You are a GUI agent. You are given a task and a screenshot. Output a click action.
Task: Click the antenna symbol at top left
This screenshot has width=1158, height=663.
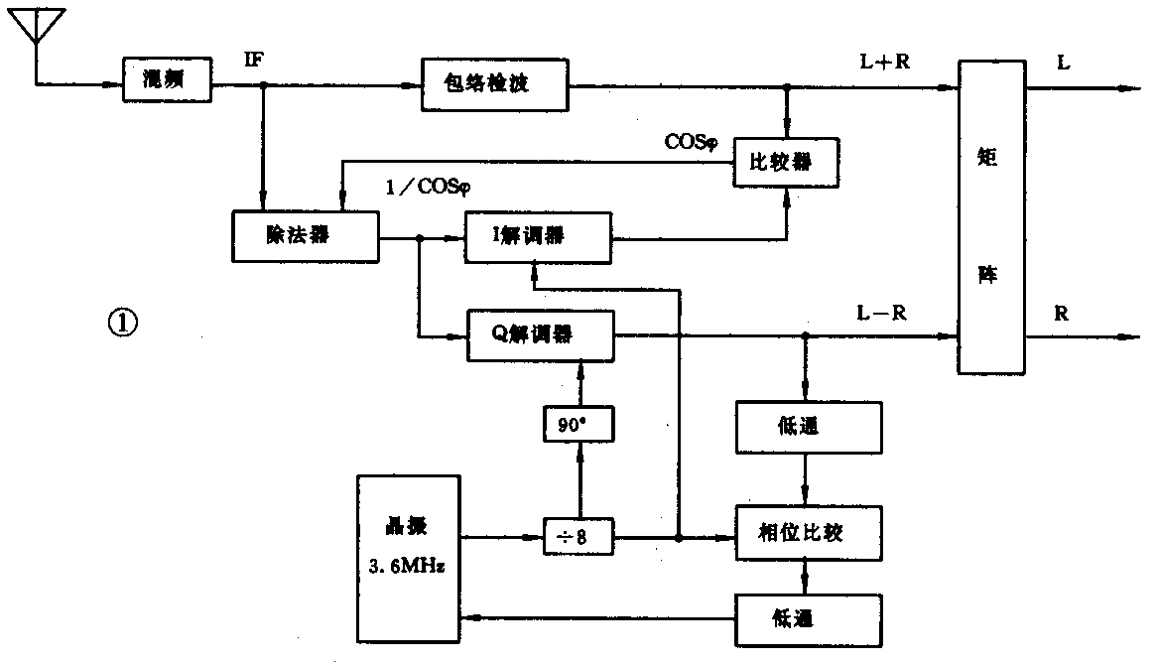pyautogui.click(x=36, y=28)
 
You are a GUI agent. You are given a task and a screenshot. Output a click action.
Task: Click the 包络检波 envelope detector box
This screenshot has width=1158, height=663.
pyautogui.click(x=494, y=84)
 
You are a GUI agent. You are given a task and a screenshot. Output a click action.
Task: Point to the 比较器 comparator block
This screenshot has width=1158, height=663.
pyautogui.click(x=786, y=161)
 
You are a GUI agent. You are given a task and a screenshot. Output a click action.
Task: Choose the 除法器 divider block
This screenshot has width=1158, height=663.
pyautogui.click(x=305, y=236)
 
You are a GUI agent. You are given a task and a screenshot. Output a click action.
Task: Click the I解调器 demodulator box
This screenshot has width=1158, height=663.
pyautogui.click(x=538, y=236)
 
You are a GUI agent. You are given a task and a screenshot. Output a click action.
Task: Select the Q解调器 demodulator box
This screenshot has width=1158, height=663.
pyautogui.click(x=540, y=335)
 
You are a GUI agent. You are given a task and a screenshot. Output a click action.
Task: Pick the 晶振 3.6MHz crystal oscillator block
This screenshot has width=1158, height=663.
pyautogui.click(x=408, y=558)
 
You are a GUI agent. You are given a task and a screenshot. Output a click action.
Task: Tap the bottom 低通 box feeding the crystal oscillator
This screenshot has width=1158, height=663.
pyautogui.click(x=807, y=619)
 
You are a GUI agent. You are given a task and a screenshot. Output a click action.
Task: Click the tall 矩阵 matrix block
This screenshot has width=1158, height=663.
pyautogui.click(x=992, y=216)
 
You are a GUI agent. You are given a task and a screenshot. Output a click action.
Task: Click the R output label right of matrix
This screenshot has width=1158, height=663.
pyautogui.click(x=1062, y=314)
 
